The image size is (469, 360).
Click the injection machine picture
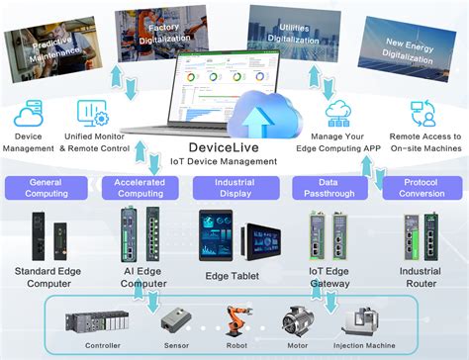coord(361,319)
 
